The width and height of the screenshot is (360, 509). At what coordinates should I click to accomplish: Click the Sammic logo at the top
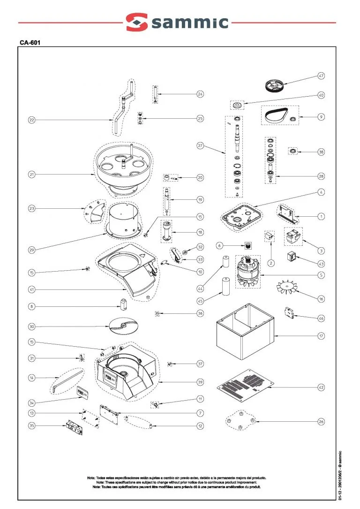click(177, 22)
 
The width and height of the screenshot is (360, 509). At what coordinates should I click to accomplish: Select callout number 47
click(321, 76)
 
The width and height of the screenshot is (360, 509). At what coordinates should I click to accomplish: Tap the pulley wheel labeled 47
click(275, 86)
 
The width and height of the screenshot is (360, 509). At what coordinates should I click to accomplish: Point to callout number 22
click(31, 120)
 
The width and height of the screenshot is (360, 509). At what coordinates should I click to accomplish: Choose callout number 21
click(31, 175)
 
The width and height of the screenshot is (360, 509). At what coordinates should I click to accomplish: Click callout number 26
click(321, 422)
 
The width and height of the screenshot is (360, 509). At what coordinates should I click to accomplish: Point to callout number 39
click(200, 382)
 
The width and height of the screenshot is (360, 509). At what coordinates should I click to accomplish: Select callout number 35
click(31, 426)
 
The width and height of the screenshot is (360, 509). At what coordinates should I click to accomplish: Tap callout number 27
click(200, 146)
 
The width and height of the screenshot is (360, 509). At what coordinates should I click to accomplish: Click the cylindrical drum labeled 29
click(121, 219)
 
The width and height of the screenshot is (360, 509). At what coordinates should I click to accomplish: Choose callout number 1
click(321, 217)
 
